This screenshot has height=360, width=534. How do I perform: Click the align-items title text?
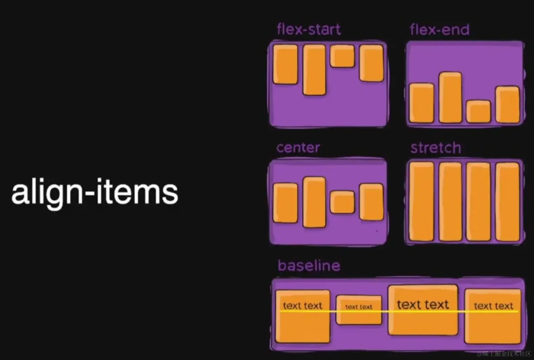(95, 192)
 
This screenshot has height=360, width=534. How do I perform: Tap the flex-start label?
(309, 29)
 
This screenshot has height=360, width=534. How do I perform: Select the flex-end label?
(440, 30)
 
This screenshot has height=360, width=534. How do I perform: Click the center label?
(298, 148)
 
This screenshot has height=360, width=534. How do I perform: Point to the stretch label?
(436, 148)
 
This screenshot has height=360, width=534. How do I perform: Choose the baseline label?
(309, 266)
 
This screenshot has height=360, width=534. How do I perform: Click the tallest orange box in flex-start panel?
(314, 70)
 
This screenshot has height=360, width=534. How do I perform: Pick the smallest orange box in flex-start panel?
(342, 56)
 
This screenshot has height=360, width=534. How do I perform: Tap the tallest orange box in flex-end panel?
(450, 97)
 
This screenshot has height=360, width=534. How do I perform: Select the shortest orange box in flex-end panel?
(478, 111)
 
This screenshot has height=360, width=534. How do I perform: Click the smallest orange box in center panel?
(342, 202)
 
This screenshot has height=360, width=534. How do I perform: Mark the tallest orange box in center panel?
(314, 202)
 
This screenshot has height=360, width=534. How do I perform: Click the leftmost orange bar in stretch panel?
(422, 201)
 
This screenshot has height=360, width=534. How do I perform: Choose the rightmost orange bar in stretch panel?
(507, 202)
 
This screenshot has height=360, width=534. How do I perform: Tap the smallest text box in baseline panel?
(359, 310)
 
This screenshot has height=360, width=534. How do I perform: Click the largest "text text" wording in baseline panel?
(423, 305)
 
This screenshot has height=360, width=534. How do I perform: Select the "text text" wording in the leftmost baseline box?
(303, 306)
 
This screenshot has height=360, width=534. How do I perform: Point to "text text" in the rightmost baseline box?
(493, 306)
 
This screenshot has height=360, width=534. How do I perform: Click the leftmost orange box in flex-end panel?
(422, 103)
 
